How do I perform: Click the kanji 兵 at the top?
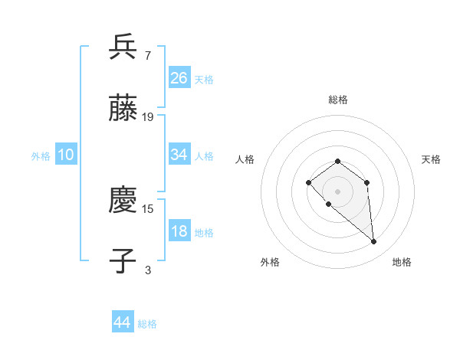(123, 47)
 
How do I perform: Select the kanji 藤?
(123, 109)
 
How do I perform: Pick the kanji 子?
(123, 261)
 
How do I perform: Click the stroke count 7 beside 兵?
(147, 55)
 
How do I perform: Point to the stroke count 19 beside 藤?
(148, 116)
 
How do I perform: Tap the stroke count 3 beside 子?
(148, 270)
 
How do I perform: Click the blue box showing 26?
(179, 77)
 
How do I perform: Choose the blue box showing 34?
(179, 155)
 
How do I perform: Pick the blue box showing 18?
(179, 231)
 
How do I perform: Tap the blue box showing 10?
(66, 155)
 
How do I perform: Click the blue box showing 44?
(122, 322)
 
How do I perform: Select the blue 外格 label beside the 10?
(41, 156)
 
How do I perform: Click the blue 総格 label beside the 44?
(147, 324)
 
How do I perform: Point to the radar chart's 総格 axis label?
(337, 100)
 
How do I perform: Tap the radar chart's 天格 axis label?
(431, 159)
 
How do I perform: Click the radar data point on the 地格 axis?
(374, 242)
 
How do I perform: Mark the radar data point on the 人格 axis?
(308, 182)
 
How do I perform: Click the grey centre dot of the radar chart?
(337, 191)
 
